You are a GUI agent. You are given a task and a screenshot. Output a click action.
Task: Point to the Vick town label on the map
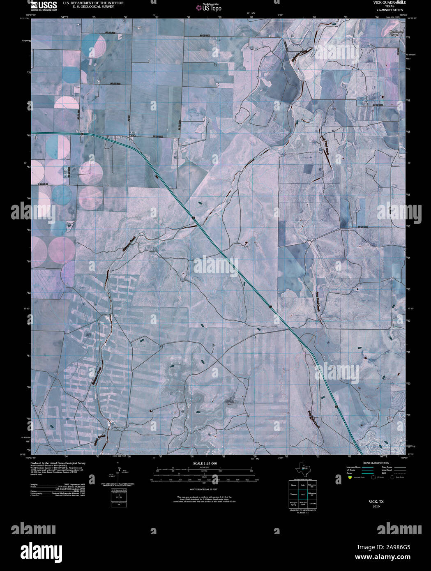tap(132, 135)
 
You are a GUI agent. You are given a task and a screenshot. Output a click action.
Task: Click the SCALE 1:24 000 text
tap(205, 463)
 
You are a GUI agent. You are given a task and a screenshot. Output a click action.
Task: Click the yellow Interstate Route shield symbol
tap(350, 478)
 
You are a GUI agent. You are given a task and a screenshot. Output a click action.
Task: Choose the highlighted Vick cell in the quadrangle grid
tap(303, 494)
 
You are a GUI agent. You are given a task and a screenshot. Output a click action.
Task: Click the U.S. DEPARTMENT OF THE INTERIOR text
tap(93, 3)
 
